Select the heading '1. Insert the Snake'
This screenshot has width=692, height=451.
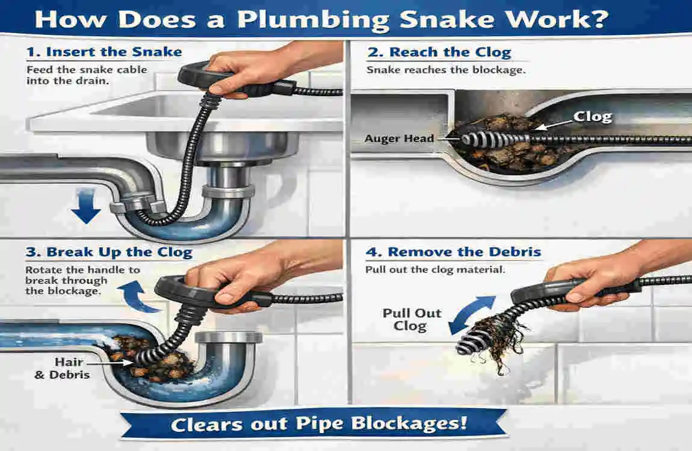(104, 52)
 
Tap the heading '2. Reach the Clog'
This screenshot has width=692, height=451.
(439, 52)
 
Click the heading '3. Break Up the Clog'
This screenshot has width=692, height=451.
(109, 251)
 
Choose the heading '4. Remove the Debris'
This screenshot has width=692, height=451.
(456, 251)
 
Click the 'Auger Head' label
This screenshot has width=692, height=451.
(399, 139)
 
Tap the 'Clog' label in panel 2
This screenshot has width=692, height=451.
(593, 116)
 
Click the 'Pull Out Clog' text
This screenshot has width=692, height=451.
(412, 320)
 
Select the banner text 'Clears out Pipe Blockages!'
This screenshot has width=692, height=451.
(319, 423)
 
